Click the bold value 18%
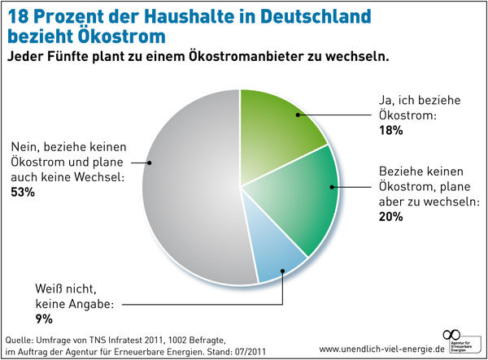[x=390, y=131]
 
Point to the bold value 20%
[x=390, y=217]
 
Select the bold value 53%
[x=23, y=192]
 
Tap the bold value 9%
[x=20, y=319]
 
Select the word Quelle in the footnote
[x=20, y=337]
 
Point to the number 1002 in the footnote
[x=178, y=337]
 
